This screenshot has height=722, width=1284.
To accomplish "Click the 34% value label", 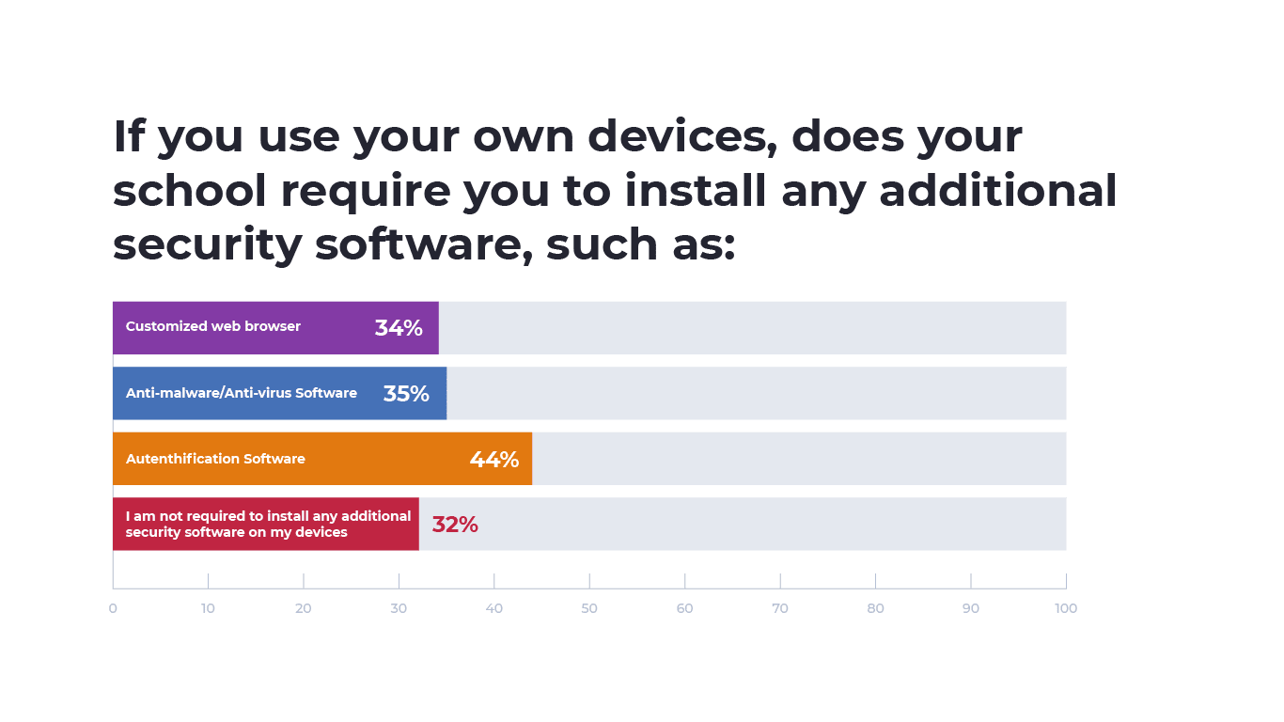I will click(399, 328).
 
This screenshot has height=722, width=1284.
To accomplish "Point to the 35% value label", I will click(406, 394).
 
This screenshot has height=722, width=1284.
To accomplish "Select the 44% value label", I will click(493, 460).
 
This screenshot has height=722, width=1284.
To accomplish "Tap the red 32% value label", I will click(455, 525).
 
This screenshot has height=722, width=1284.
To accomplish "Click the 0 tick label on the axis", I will click(113, 608).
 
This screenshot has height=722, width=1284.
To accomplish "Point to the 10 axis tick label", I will click(208, 608).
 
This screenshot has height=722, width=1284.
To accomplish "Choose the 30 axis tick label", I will click(399, 608).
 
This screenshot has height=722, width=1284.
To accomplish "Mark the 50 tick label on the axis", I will click(589, 608).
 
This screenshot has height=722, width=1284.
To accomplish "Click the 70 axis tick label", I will click(780, 608).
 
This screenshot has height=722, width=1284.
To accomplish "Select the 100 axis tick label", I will click(1065, 608).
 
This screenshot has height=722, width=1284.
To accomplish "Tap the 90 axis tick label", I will click(970, 608).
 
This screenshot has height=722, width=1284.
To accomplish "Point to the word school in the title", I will click(190, 192).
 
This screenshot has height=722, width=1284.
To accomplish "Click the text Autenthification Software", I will click(215, 459).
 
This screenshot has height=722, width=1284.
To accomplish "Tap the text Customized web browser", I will click(213, 326).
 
